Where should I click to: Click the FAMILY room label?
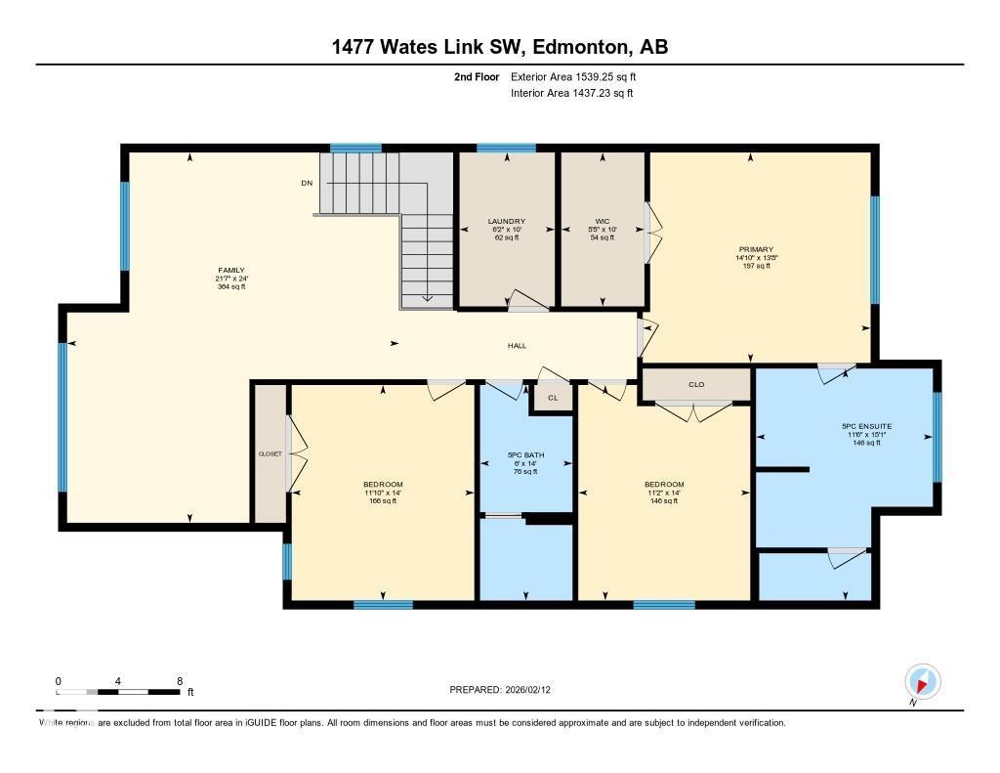point(231,271)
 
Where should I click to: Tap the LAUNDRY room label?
point(506,222)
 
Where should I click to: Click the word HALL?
point(517,346)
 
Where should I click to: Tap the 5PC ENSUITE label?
point(866,426)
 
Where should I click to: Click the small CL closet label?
point(553,398)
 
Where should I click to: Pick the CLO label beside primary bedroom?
point(696,385)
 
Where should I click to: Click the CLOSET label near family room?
point(270,454)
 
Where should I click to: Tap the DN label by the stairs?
point(307,183)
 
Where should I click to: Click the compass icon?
point(922,681)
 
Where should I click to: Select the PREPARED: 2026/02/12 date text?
point(506,690)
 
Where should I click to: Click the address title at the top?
point(499,47)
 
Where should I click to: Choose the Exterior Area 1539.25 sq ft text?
point(573,76)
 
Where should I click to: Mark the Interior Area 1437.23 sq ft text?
point(571,94)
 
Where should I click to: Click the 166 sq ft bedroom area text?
point(383,500)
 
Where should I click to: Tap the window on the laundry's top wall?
point(506,149)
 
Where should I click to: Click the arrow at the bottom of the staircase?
point(427,298)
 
